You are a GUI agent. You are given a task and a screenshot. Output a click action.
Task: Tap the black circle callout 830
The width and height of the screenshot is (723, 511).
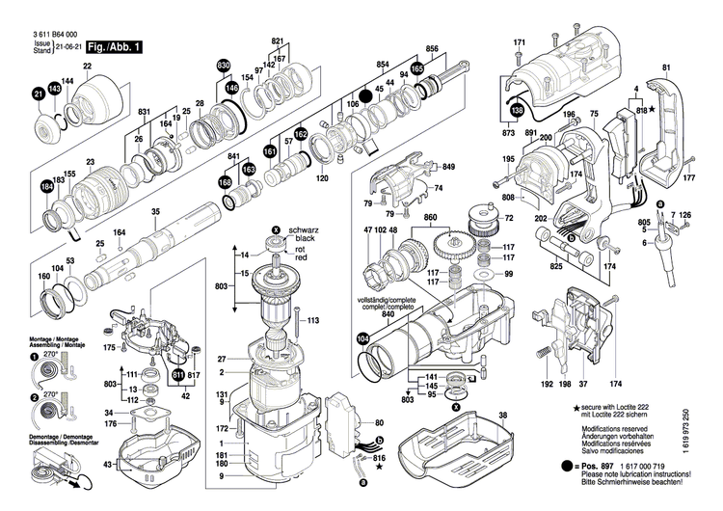tap(224, 66)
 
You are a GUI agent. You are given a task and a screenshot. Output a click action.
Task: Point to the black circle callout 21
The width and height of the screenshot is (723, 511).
tap(39, 94)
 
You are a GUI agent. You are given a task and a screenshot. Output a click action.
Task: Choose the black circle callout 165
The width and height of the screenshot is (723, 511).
tap(416, 69)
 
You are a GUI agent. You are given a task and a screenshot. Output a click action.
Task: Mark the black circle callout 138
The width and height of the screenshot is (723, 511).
tap(517, 111)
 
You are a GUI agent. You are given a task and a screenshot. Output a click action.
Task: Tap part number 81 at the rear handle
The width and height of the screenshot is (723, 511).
tap(665, 67)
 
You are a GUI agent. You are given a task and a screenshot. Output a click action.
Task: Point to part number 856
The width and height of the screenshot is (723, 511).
tap(432, 49)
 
